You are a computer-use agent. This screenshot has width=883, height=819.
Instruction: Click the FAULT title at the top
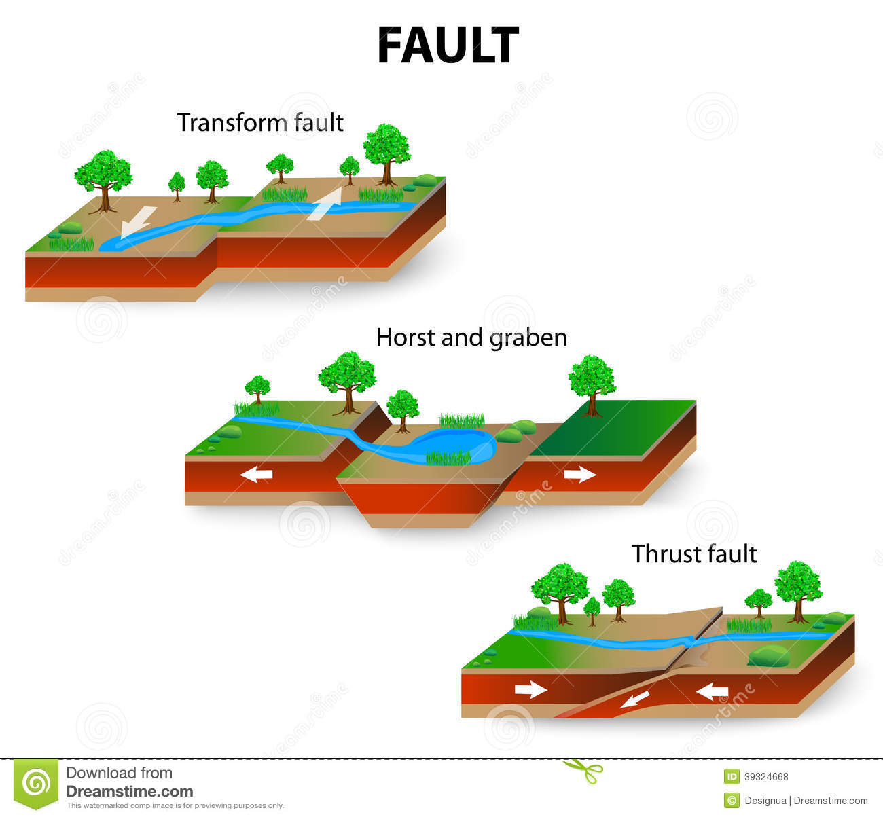pyautogui.click(x=448, y=46)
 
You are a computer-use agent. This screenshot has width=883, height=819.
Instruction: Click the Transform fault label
pyautogui.click(x=260, y=123)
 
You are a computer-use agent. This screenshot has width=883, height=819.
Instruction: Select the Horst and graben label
pyautogui.click(x=471, y=338)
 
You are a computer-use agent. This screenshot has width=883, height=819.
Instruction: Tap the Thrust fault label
pyautogui.click(x=693, y=554)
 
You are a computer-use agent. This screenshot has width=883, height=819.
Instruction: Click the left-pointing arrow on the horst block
pyautogui.click(x=257, y=475)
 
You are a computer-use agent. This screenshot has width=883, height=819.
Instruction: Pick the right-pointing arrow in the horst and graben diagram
pyautogui.click(x=579, y=474)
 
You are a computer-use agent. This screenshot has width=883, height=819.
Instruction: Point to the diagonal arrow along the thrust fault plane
pyautogui.click(x=634, y=699)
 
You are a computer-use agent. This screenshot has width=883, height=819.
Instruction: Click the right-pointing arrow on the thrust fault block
pyautogui.click(x=530, y=690)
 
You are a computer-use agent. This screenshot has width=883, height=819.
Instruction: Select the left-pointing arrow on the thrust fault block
pyautogui.click(x=712, y=692)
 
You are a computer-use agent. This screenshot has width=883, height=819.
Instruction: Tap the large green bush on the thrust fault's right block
pyautogui.click(x=768, y=656)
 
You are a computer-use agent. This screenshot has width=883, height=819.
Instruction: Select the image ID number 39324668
pyautogui.click(x=766, y=777)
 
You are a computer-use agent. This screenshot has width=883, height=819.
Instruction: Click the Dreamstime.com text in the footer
pyautogui.click(x=129, y=791)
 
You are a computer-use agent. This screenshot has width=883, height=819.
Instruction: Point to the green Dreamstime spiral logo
pyautogui.click(x=37, y=784)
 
